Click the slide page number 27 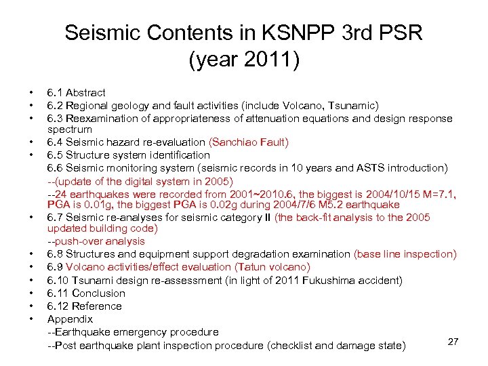pos(453,342)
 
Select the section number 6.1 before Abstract pos(55,92)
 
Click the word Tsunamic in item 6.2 pos(354,105)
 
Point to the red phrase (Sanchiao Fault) pos(249,142)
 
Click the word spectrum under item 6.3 pos(69,129)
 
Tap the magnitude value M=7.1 pos(439,192)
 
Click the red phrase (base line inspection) pos(405,254)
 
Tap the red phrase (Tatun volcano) pos(272,267)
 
